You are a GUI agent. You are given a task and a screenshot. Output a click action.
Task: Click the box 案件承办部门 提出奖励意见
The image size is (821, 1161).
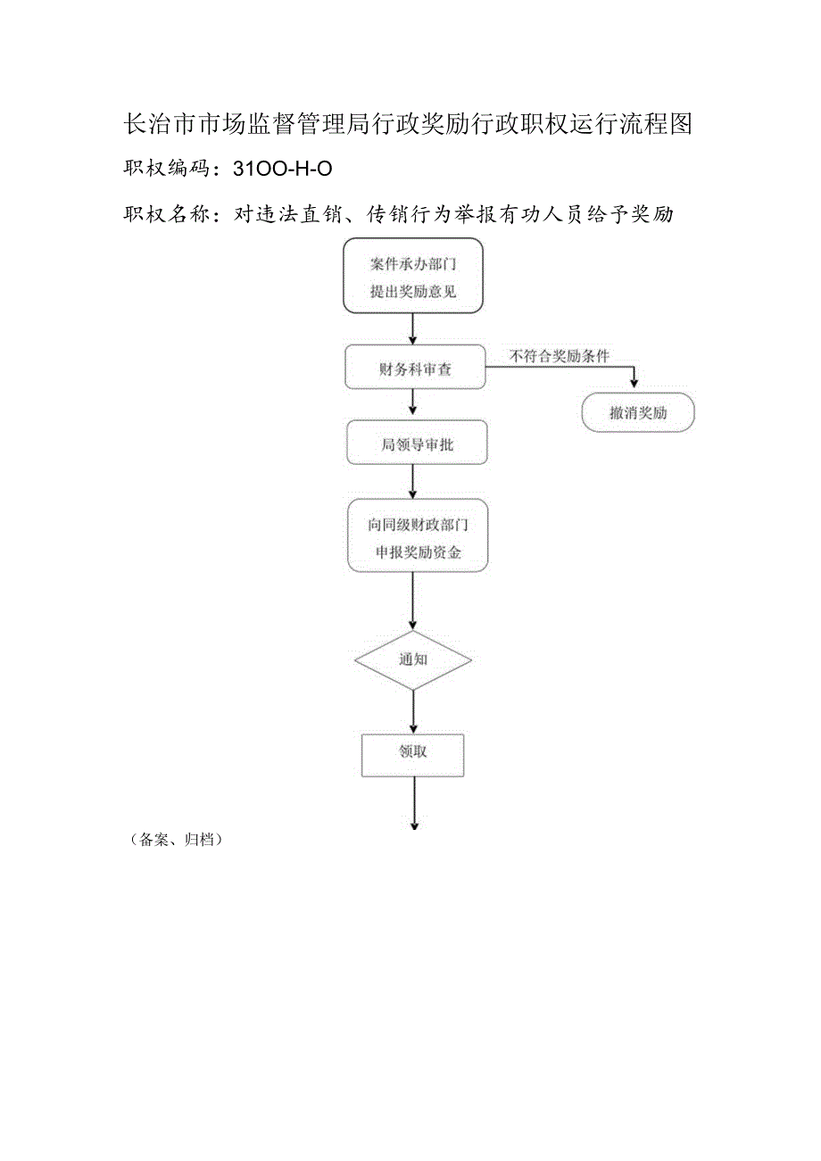coord(413,276)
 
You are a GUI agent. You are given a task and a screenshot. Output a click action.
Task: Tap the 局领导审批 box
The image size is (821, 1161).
coord(417,444)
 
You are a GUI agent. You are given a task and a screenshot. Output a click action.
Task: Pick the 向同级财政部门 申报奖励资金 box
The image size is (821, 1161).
coord(418,536)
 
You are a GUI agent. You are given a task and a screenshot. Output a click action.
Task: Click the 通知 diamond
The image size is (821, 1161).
coord(413,660)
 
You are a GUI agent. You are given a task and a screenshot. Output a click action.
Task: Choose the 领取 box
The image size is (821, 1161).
coord(412,754)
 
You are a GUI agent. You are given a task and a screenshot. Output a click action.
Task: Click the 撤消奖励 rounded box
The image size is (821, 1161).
coord(637,413)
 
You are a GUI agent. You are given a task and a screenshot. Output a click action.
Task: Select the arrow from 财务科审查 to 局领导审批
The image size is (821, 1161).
coord(412,405)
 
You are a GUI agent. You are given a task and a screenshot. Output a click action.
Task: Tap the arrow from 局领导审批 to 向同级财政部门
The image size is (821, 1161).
coord(412,482)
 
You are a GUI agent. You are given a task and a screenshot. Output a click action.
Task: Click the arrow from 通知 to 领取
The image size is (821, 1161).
coord(413,712)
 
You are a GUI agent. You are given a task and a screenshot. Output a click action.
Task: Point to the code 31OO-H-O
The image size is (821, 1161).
coord(282,167)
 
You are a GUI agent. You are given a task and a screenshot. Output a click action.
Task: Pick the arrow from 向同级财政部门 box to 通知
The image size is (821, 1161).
coord(413,602)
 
